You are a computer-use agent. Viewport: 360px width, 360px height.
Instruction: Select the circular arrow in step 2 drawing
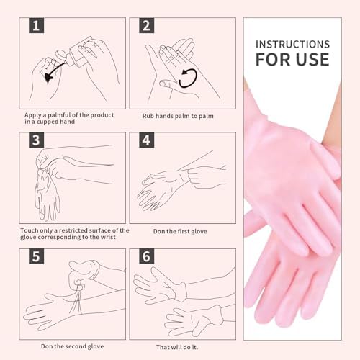pyautogui.click(x=188, y=78)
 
